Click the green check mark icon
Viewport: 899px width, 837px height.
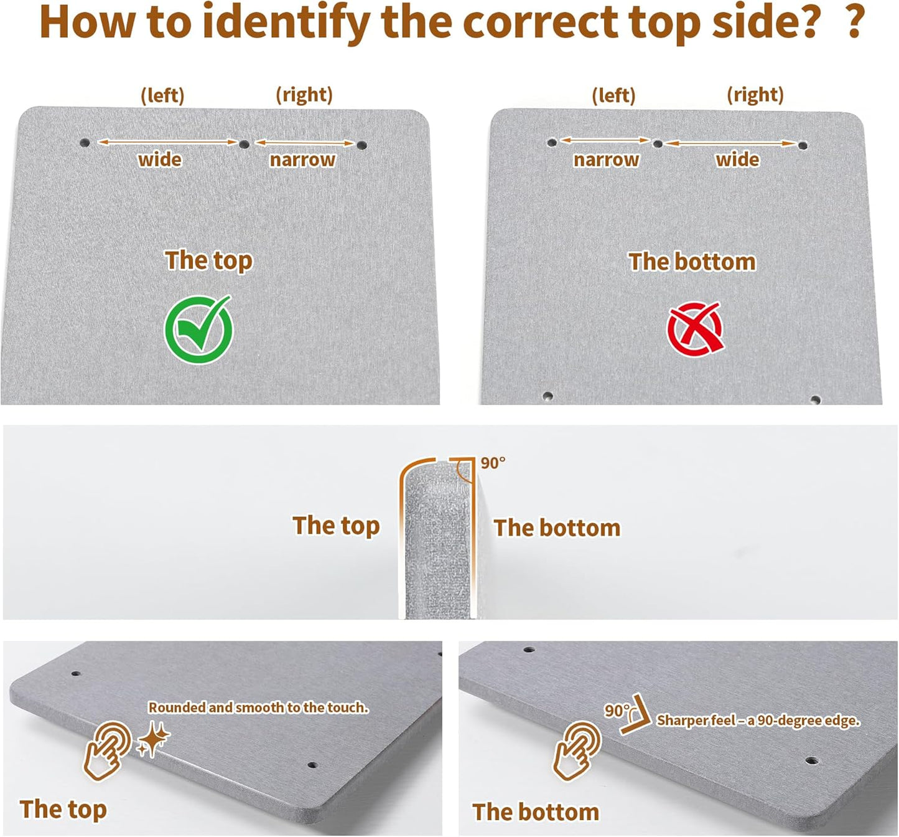[x=198, y=330]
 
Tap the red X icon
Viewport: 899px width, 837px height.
[x=696, y=329]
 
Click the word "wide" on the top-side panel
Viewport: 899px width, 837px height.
[x=161, y=159]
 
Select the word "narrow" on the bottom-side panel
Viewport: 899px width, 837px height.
[x=606, y=159]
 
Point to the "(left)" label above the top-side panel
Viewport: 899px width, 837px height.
[x=162, y=96]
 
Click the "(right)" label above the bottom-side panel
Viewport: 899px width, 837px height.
[x=755, y=95]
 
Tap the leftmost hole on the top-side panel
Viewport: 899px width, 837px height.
[x=84, y=143]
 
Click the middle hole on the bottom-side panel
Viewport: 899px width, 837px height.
[x=658, y=144]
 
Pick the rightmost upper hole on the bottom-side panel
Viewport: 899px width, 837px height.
[x=803, y=146]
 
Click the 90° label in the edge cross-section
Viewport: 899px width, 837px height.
[x=493, y=463]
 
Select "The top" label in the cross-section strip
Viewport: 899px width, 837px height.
[x=337, y=526]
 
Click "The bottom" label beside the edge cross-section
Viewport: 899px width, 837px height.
[x=557, y=528]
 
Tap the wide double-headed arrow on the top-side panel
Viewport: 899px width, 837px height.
[x=167, y=142]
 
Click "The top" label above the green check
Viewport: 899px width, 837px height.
[x=208, y=260]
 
